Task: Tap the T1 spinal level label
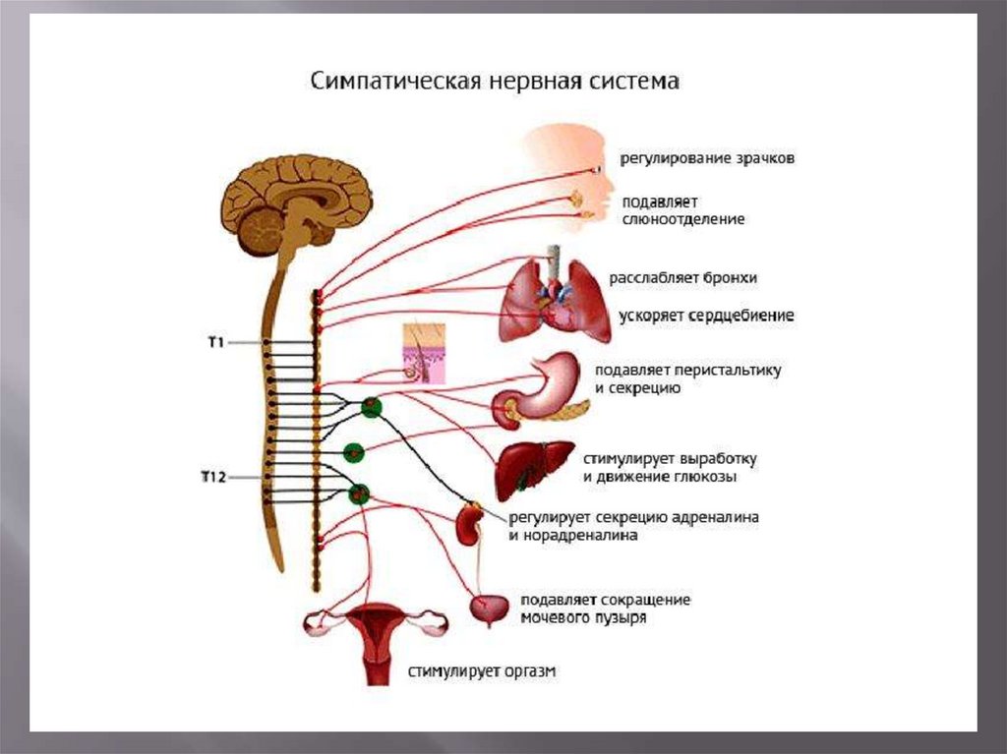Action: [x=216, y=342]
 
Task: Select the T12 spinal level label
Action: [x=213, y=478]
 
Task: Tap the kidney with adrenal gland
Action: [x=467, y=523]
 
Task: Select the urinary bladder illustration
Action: [x=489, y=609]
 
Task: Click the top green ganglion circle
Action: [x=371, y=407]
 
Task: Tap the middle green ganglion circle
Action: [x=353, y=453]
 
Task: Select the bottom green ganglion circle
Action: [x=360, y=493]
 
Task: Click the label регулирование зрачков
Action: [x=706, y=158]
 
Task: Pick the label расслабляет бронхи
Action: [x=683, y=278]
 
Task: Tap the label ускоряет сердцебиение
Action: [x=706, y=317]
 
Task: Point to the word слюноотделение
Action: [x=682, y=219]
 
